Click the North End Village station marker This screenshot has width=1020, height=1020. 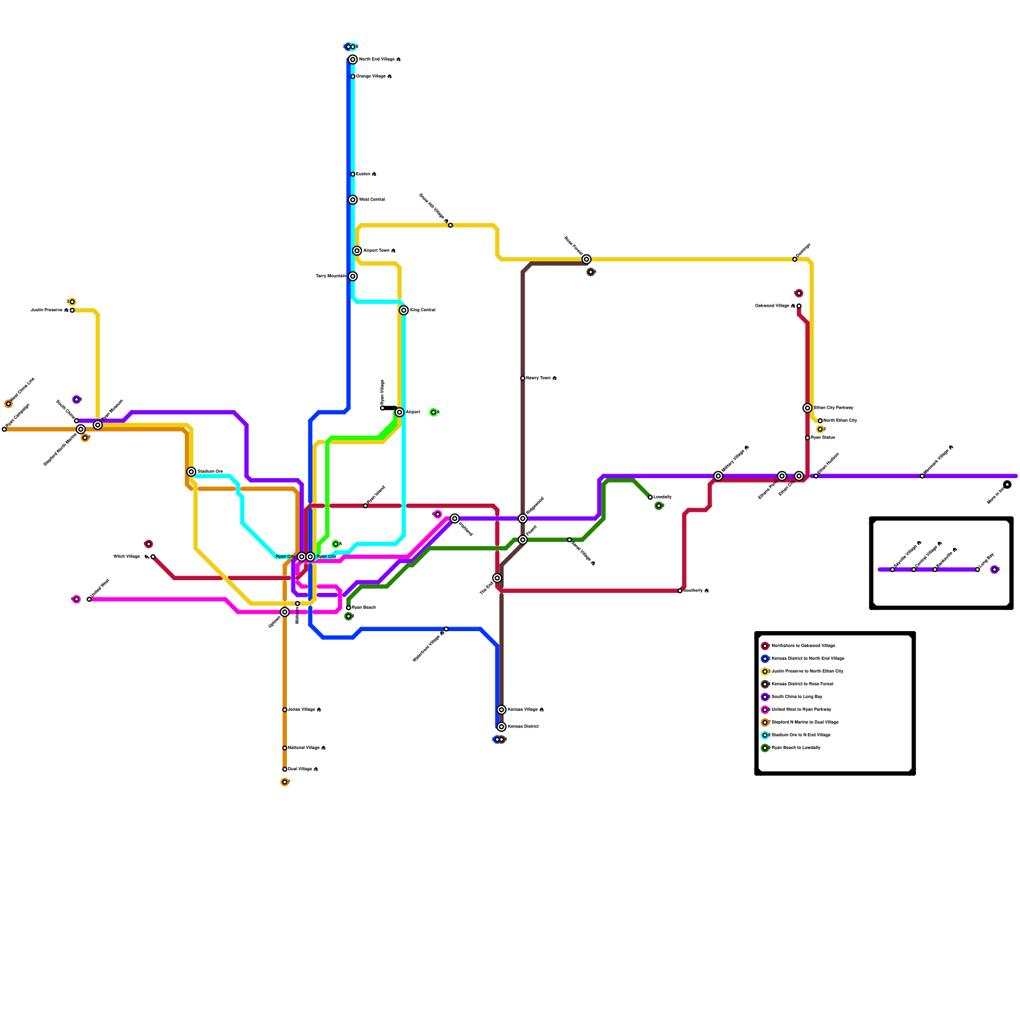[353, 59]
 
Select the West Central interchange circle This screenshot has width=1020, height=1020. [353, 200]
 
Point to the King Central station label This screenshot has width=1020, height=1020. [422, 310]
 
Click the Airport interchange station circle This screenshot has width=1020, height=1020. [399, 412]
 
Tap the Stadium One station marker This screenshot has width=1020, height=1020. [191, 472]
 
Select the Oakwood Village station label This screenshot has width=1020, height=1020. [775, 306]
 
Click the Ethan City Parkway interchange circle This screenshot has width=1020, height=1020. [807, 408]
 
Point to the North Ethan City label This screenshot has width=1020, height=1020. [840, 421]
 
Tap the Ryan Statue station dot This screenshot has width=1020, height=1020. [807, 438]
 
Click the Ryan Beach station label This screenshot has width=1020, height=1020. [363, 608]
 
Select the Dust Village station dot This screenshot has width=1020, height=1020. [284, 769]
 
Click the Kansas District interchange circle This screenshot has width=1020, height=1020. [502, 727]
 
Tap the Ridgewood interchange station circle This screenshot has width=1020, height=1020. [523, 518]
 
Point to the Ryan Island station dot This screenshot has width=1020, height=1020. [365, 506]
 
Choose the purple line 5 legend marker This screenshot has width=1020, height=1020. [765, 697]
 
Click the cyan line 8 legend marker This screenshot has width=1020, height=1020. [765, 735]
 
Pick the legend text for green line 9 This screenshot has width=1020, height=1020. [796, 748]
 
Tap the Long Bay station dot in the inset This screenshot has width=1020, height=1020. [977, 569]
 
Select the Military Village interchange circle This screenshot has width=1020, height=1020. [718, 476]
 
